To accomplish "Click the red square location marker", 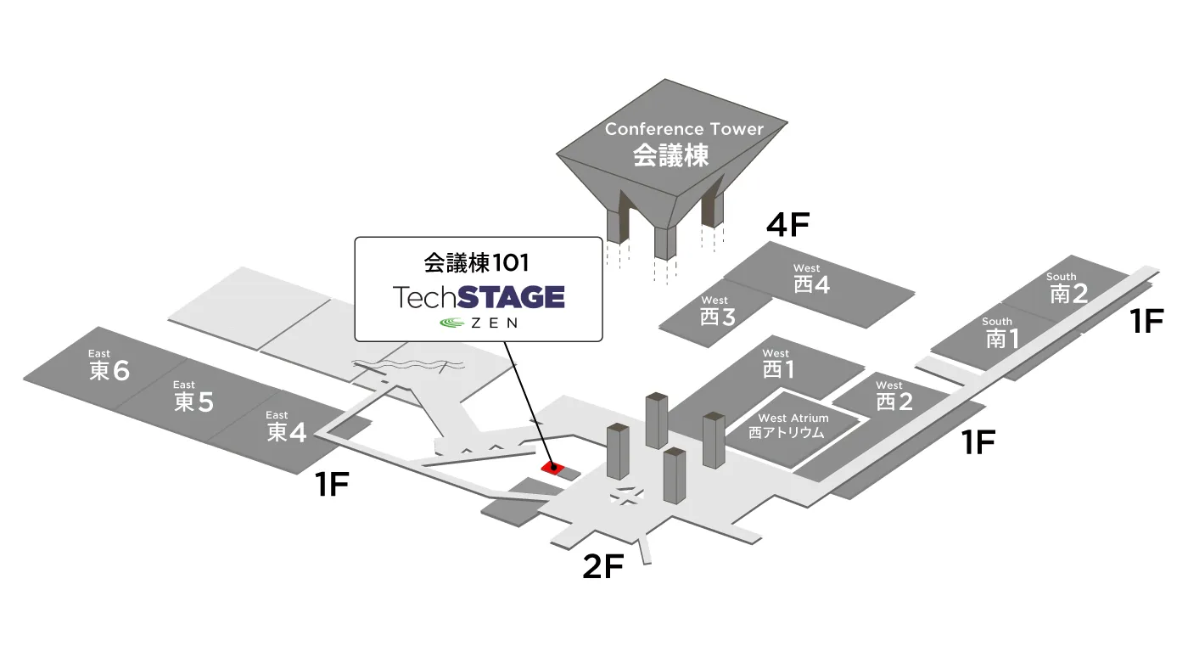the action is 552,467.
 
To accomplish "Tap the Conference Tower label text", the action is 684,143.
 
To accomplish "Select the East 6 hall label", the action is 109,365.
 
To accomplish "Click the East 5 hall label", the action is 193,396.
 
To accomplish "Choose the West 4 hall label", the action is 811,279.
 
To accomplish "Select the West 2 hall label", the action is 894,396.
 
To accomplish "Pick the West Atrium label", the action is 793,426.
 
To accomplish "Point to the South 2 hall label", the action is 1068,288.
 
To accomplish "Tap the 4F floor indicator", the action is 788,224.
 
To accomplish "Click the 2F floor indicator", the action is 603,566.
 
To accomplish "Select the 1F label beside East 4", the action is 332,484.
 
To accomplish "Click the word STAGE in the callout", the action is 511,296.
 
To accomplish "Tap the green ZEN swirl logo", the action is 452,323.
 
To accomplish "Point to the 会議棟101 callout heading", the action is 476,262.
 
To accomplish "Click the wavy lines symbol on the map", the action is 408,364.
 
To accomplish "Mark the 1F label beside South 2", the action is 1147,320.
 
